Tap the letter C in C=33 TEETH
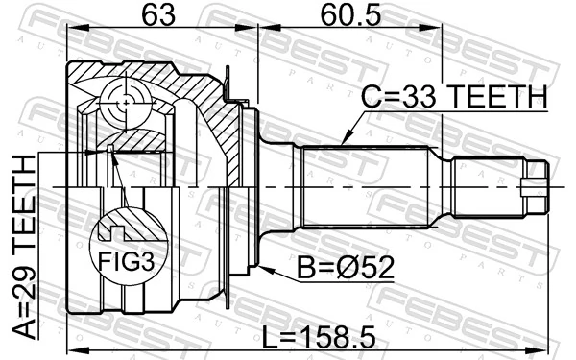372,97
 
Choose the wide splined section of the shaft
365,184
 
